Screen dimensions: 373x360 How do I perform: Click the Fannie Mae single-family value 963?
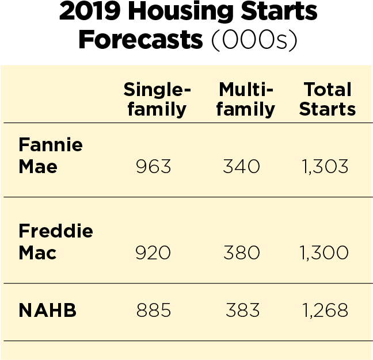[154, 166]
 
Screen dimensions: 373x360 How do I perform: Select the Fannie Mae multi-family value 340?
[241, 166]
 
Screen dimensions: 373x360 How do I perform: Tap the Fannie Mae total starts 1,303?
[325, 166]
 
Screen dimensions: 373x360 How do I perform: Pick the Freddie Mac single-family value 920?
[153, 252]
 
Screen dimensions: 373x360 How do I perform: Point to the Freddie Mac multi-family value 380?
[242, 252]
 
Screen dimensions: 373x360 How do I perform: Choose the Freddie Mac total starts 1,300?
[324, 252]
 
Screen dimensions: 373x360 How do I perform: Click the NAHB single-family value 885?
[154, 310]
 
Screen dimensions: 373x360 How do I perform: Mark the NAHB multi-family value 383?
[243, 310]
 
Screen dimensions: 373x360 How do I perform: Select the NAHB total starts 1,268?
[325, 310]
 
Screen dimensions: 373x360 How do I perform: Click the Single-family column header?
[157, 99]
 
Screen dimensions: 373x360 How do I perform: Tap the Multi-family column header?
[246, 99]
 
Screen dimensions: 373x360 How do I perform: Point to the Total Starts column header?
[328, 99]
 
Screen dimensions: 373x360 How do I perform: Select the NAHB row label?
[48, 310]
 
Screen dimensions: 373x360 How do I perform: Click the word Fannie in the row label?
[51, 144]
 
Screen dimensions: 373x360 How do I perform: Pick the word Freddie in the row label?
[56, 231]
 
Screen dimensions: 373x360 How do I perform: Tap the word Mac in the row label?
[37, 252]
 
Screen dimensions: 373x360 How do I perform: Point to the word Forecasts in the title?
[140, 39]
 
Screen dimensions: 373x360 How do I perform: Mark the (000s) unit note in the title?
[254, 40]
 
